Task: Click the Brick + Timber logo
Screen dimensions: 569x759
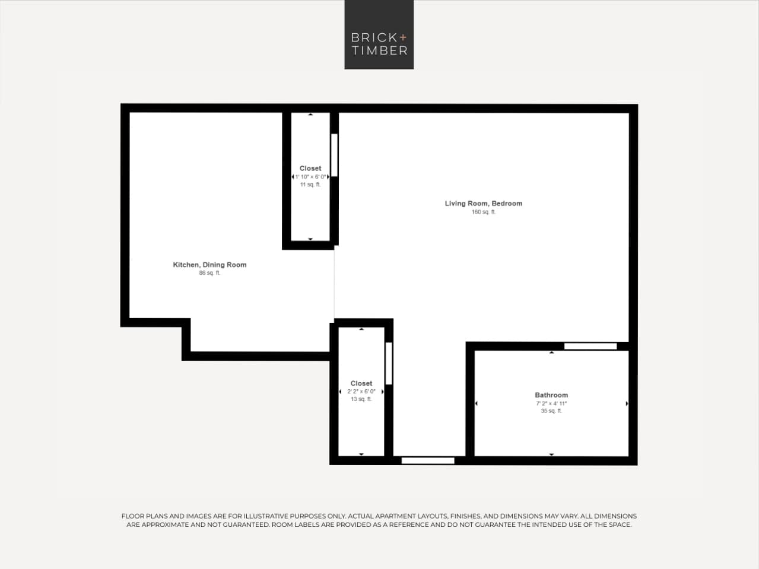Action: (x=379, y=35)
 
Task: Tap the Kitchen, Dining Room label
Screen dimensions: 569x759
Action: (x=209, y=265)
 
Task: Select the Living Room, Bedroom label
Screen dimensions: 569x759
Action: (x=484, y=204)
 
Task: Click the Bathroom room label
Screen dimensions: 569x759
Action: (x=551, y=395)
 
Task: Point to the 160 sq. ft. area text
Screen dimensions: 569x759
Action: (x=484, y=212)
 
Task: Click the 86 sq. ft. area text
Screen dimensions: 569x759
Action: (x=209, y=273)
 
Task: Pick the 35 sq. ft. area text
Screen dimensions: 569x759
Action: (x=551, y=411)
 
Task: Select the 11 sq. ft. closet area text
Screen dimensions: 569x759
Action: (x=310, y=185)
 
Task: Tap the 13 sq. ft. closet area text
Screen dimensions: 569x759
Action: (x=361, y=399)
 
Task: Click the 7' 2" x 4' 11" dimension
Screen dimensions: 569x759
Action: (x=551, y=403)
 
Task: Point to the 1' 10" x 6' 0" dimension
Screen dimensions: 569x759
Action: (x=311, y=177)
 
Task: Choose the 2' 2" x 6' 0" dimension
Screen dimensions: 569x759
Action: (x=361, y=392)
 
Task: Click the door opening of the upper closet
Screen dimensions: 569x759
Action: (x=334, y=155)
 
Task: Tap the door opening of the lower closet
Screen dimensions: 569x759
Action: (x=389, y=363)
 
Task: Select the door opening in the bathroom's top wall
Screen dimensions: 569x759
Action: (x=590, y=347)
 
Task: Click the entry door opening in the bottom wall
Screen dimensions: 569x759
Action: (x=428, y=461)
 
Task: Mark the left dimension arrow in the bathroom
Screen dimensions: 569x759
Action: (x=477, y=403)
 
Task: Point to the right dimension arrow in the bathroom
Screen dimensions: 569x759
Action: (x=627, y=403)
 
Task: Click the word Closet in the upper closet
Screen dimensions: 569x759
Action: (x=310, y=169)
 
